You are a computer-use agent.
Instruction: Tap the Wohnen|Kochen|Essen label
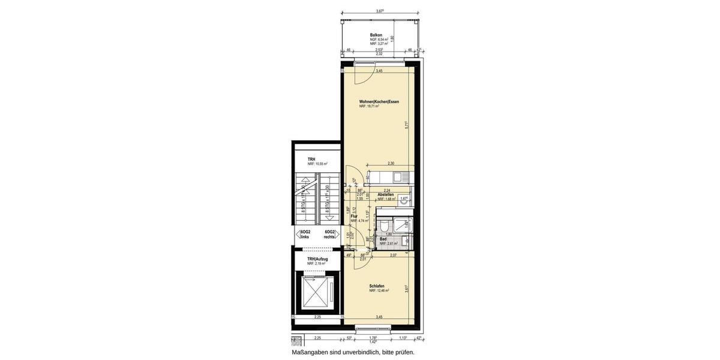point(379,101)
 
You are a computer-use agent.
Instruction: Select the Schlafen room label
point(377,286)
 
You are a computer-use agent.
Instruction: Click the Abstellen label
point(386,194)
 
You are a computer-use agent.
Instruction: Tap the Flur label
point(354,216)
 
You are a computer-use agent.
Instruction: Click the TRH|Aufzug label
point(317,259)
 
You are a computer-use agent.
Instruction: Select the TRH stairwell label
point(311,159)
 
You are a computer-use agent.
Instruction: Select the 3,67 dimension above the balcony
point(380,11)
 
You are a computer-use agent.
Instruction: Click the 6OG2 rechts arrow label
point(329,234)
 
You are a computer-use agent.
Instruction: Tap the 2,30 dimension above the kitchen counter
point(391,163)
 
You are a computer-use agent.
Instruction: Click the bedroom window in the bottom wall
point(373,328)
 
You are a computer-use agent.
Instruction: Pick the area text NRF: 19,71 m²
point(373,106)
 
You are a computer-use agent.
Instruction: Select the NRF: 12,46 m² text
point(379,290)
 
